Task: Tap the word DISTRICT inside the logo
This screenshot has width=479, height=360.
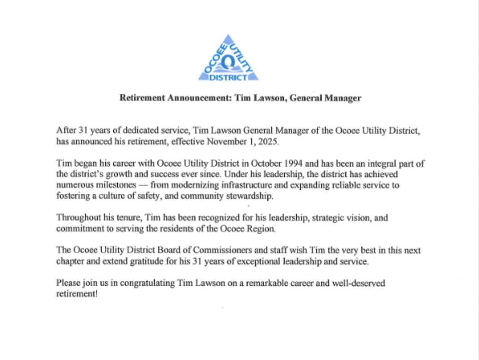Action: (228, 77)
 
